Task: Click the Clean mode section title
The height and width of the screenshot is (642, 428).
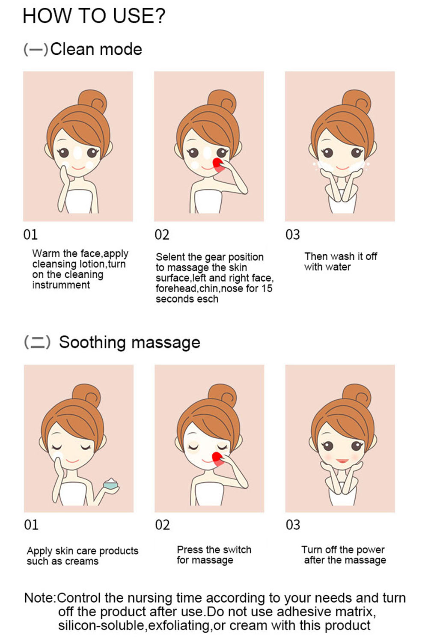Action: click(83, 49)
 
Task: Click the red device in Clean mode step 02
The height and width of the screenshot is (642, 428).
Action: click(218, 165)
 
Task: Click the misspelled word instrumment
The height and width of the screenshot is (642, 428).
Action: click(61, 285)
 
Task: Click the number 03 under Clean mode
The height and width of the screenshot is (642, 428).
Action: click(292, 235)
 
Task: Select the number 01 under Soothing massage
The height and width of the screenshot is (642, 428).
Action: click(31, 525)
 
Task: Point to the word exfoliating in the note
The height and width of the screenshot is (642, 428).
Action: click(179, 626)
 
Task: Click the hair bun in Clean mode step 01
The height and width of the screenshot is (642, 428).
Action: click(92, 101)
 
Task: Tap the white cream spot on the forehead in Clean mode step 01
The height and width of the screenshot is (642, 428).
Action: click(78, 153)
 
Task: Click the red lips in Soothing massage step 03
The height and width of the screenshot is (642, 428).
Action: click(342, 461)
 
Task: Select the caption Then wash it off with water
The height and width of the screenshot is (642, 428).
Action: click(341, 262)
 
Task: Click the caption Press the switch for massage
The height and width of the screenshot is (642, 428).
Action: click(214, 555)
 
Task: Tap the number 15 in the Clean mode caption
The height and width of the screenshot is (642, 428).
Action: click(267, 288)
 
